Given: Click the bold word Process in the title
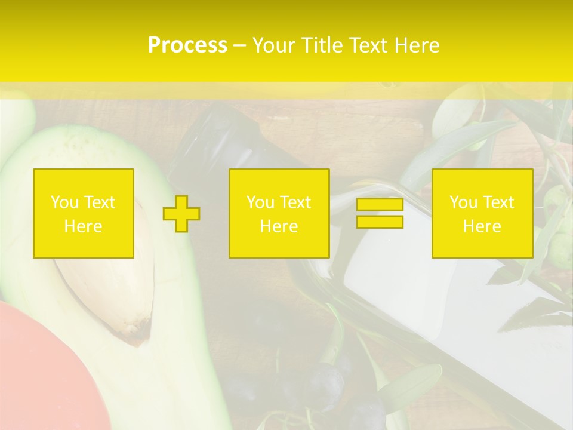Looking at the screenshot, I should click(x=187, y=45).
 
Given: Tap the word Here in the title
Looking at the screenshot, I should click(x=414, y=45).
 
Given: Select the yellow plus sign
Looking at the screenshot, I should click(x=181, y=213).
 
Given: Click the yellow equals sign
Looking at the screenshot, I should click(x=380, y=213).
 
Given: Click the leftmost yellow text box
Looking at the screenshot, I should click(x=84, y=213).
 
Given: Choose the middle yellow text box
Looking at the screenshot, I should click(x=279, y=213).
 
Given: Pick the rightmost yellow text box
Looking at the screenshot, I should click(x=482, y=213).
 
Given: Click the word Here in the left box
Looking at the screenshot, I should click(x=84, y=226).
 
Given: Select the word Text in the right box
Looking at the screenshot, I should click(x=499, y=202).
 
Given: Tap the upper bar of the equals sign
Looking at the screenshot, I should click(x=380, y=205).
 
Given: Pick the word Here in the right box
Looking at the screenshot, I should click(x=482, y=226).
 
